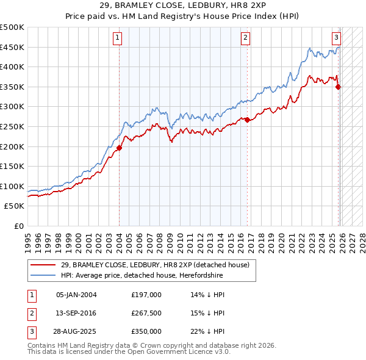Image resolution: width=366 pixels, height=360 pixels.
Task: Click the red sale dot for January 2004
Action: [x=120, y=148]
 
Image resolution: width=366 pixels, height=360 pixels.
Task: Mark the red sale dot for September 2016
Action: [x=247, y=120]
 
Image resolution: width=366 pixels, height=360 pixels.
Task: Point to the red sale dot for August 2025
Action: [x=339, y=87]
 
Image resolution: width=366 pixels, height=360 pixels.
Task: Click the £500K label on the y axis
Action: [x=12, y=27]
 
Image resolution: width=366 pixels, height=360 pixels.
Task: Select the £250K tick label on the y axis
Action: [x=12, y=126]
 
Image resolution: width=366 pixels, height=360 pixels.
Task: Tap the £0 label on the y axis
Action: [x=18, y=226]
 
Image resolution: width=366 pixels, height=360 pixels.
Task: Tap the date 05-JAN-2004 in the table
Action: [x=76, y=295]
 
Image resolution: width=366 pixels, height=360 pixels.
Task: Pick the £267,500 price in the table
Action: [x=146, y=313]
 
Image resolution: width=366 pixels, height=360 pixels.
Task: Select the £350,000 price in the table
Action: [x=146, y=331]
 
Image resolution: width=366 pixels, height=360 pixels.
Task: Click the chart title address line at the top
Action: [x=183, y=5]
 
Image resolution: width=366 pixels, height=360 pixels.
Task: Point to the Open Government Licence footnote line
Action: [x=129, y=353]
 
